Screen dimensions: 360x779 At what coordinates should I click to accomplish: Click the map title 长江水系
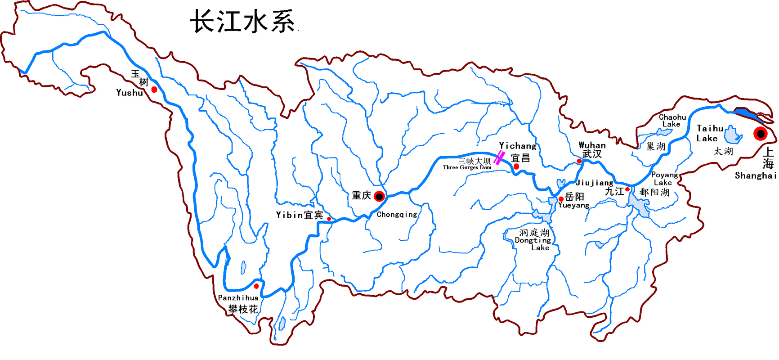point(243,22)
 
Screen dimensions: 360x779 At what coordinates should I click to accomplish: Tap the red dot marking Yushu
point(154,90)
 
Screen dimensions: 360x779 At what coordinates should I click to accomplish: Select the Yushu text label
point(130,93)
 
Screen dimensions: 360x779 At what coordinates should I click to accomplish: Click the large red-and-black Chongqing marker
point(380,196)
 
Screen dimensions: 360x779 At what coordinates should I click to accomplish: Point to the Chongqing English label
point(397,215)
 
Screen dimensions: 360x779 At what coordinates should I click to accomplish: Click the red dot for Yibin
point(329,219)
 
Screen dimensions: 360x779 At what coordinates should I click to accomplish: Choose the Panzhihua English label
point(238,298)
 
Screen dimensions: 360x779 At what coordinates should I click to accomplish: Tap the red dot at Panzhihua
point(256,286)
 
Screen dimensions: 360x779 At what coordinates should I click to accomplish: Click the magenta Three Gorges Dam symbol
point(499,158)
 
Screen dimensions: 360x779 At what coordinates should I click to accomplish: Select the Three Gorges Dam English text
point(467,167)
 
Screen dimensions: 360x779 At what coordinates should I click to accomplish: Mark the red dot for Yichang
point(516,166)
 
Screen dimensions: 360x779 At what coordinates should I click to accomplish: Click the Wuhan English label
point(592,145)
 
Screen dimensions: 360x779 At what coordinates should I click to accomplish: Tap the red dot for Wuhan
point(579,161)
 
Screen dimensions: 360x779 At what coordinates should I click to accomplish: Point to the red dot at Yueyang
point(561,199)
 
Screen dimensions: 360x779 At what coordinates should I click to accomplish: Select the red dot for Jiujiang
point(627,189)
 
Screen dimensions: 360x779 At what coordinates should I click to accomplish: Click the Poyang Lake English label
point(664,179)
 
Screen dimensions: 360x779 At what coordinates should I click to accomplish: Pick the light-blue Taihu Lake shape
point(732,135)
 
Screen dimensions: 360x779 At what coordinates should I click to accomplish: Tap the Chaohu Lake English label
point(672,121)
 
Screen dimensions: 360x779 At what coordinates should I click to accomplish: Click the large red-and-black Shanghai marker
point(761,134)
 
